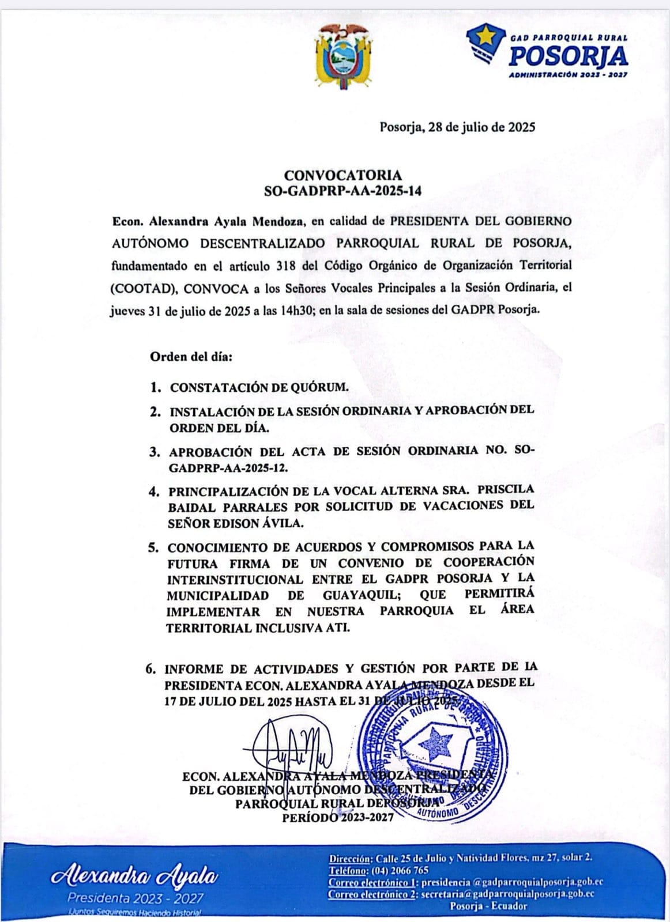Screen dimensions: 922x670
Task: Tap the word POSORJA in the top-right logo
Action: click(x=569, y=56)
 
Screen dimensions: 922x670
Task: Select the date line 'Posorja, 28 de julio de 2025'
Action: click(x=457, y=127)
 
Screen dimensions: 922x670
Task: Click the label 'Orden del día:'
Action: click(x=191, y=357)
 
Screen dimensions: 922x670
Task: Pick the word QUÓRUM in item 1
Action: click(x=321, y=387)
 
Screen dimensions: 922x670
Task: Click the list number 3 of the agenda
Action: click(x=155, y=452)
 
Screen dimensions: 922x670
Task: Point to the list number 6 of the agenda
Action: click(x=151, y=670)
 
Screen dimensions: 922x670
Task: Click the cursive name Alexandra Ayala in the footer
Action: click(x=135, y=877)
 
